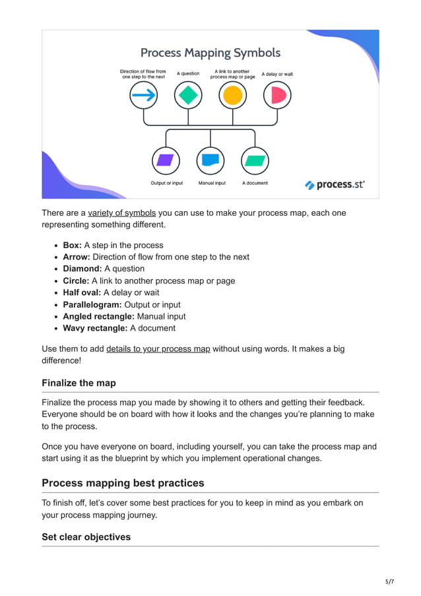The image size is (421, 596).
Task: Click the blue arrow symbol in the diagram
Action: pyautogui.click(x=144, y=96)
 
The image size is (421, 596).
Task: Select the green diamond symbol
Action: pyautogui.click(x=188, y=96)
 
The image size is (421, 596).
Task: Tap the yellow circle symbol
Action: pyautogui.click(x=232, y=96)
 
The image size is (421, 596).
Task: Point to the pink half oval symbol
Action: pyautogui.click(x=277, y=96)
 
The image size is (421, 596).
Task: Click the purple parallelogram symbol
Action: pyautogui.click(x=166, y=160)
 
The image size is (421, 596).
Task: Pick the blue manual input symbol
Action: pyautogui.click(x=210, y=160)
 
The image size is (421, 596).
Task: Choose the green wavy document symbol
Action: pyautogui.click(x=255, y=160)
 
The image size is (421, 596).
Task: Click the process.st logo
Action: pyautogui.click(x=335, y=185)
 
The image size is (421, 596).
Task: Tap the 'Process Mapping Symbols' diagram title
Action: pyautogui.click(x=210, y=53)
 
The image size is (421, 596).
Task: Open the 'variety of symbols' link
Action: pyautogui.click(x=122, y=213)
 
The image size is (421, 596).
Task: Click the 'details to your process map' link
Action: pyautogui.click(x=158, y=348)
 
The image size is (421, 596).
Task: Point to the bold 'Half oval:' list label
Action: pyautogui.click(x=82, y=292)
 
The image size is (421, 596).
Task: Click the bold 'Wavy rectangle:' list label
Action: pyautogui.click(x=95, y=328)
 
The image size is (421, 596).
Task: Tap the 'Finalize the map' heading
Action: pyautogui.click(x=79, y=383)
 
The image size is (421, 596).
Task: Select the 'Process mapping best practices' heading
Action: pyautogui.click(x=123, y=483)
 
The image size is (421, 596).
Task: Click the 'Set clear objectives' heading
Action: pyautogui.click(x=86, y=537)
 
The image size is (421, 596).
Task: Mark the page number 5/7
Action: pyautogui.click(x=390, y=581)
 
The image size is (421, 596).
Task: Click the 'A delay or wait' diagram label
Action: pyautogui.click(x=277, y=74)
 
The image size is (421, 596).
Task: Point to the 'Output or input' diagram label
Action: pyautogui.click(x=167, y=183)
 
